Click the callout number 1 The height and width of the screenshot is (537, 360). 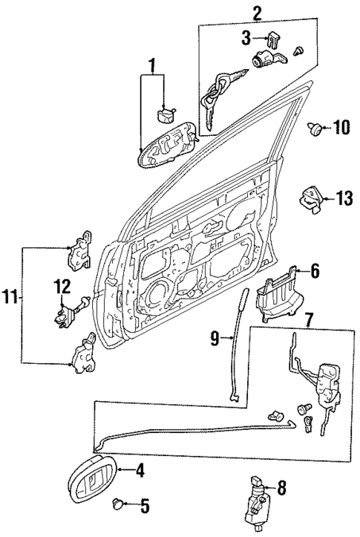click(x=153, y=65)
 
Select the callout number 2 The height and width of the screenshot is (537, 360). click(x=257, y=13)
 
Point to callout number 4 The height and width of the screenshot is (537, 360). click(x=139, y=469)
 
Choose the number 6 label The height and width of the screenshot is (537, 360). click(x=314, y=273)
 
